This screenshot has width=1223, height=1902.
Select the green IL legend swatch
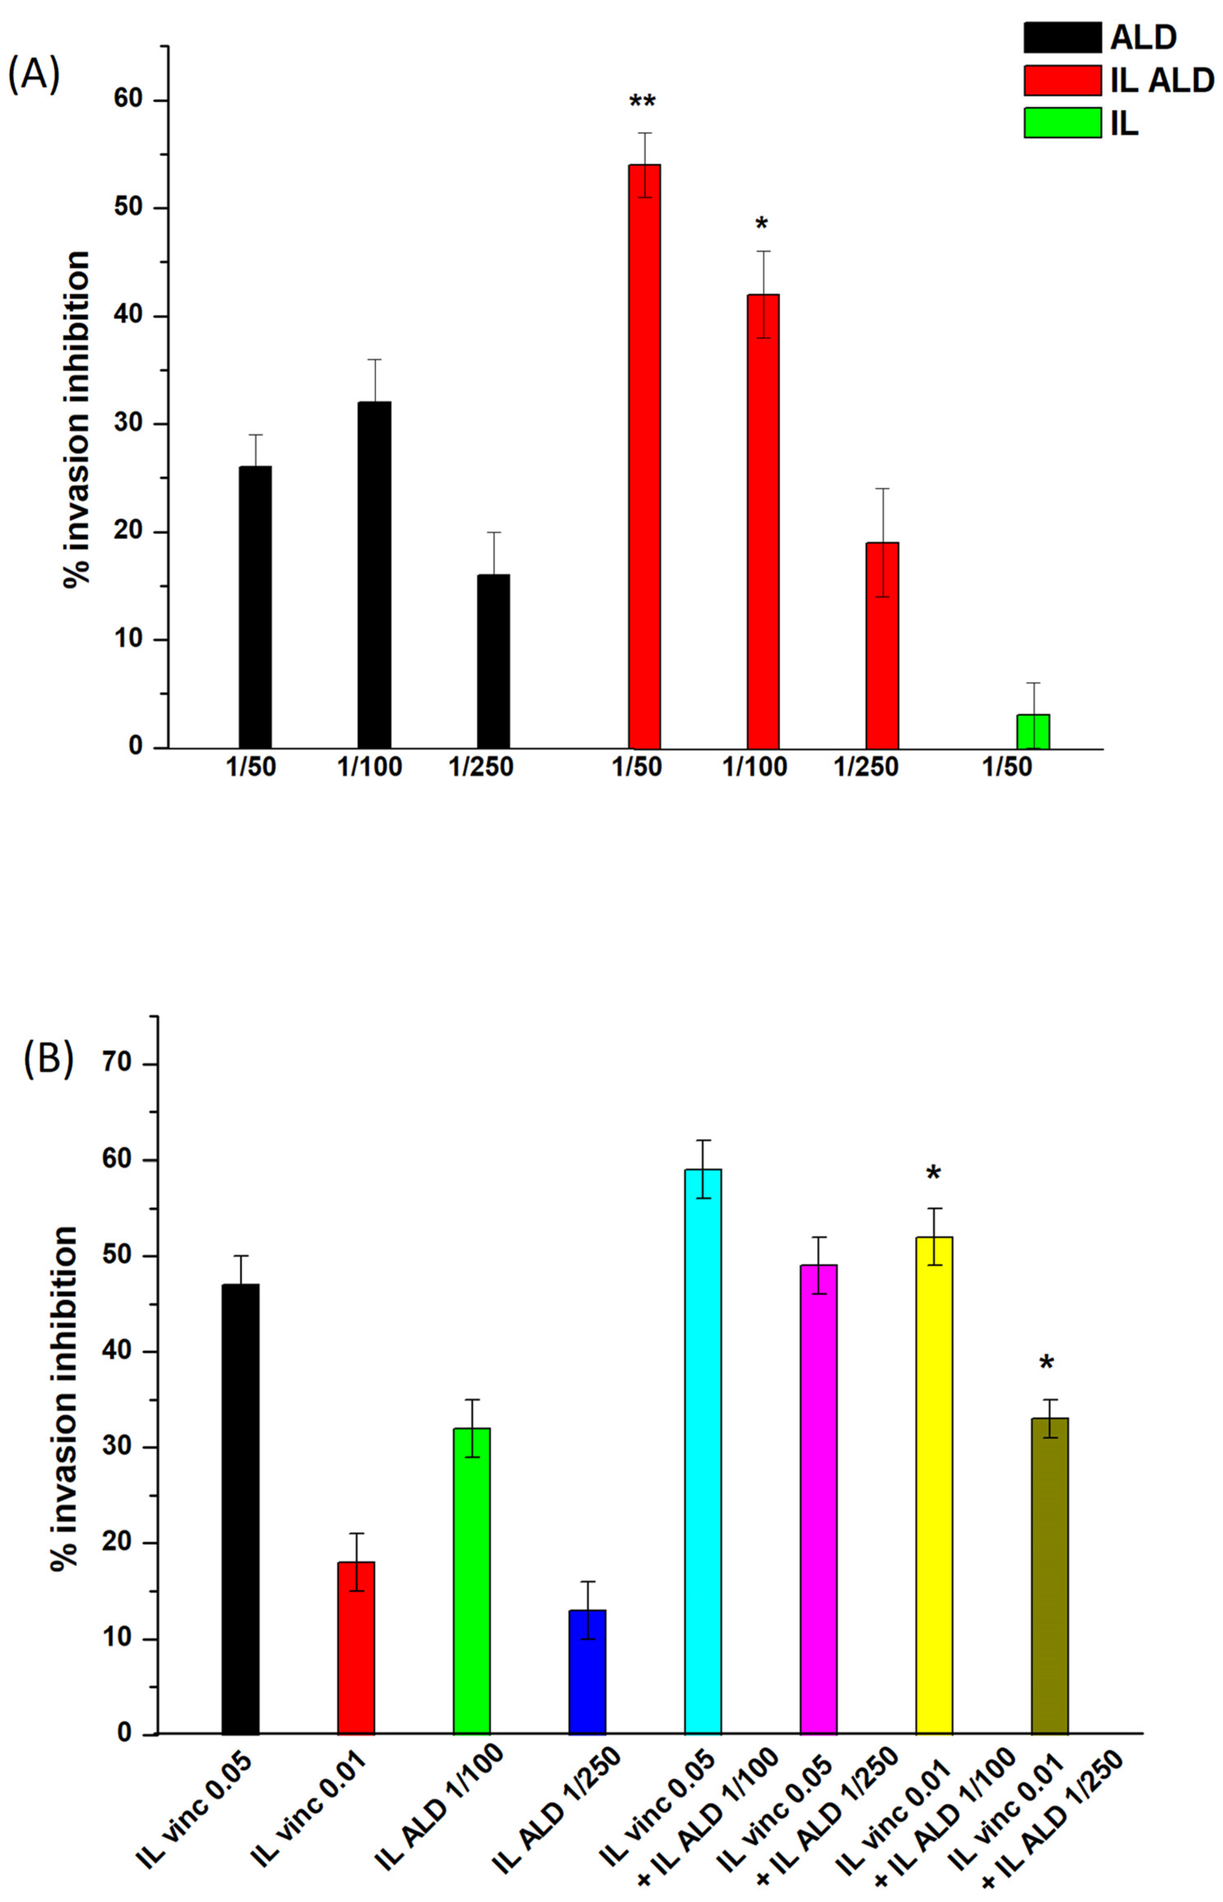tap(1062, 122)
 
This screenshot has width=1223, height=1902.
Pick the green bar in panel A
tap(1033, 731)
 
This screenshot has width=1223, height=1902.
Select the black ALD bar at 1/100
tap(374, 575)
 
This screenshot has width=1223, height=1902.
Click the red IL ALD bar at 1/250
tap(882, 644)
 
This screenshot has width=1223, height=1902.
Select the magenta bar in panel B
tap(819, 1498)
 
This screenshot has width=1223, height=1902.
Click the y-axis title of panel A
tap(77, 419)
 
